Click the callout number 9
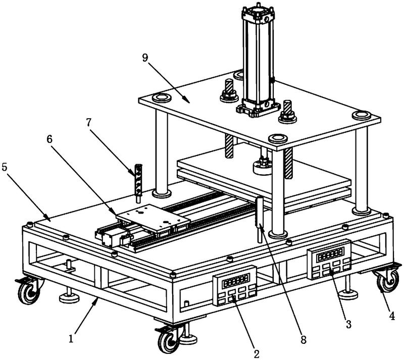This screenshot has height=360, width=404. tap(145, 58)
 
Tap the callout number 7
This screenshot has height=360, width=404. tap(89, 123)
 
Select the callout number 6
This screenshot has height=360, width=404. tap(49, 139)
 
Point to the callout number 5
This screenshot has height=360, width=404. tap(5, 167)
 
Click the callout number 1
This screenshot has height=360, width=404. tap(71, 338)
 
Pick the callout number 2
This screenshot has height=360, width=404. tap(257, 353)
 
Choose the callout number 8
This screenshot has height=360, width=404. tap(304, 340)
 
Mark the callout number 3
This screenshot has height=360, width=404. tap(348, 324)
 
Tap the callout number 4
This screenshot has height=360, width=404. tap(392, 316)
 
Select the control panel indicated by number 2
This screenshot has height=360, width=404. tap(234, 286)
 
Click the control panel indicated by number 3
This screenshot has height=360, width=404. tap(329, 259)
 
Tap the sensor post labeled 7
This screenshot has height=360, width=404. tap(138, 183)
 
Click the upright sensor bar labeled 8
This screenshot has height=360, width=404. tap(259, 219)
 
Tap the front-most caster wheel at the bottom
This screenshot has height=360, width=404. tap(169, 340)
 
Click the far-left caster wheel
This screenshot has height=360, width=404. tap(29, 290)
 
